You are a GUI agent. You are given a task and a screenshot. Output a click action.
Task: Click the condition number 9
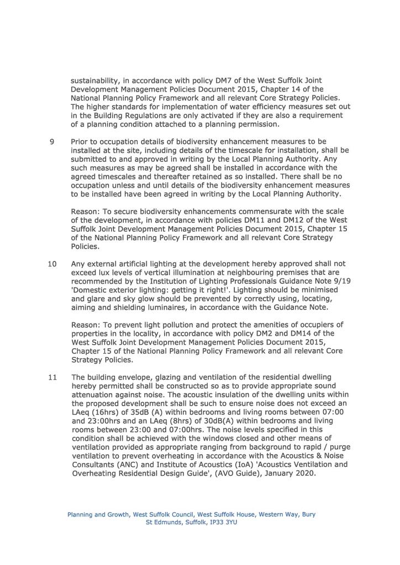tap(52, 142)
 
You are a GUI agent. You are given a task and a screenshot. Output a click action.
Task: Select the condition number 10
tap(53, 264)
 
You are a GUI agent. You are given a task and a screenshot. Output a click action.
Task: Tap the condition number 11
tap(53, 378)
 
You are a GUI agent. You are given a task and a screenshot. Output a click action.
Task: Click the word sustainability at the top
tap(98, 81)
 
